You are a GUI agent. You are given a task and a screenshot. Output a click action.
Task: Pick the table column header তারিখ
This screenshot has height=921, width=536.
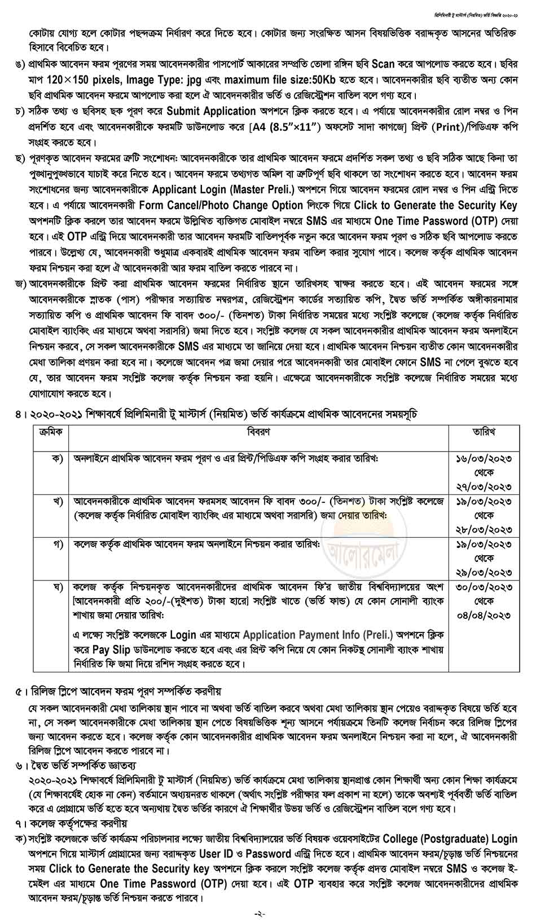484,432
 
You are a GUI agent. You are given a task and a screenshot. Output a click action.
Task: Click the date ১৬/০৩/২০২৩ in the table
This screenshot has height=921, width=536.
484,459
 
